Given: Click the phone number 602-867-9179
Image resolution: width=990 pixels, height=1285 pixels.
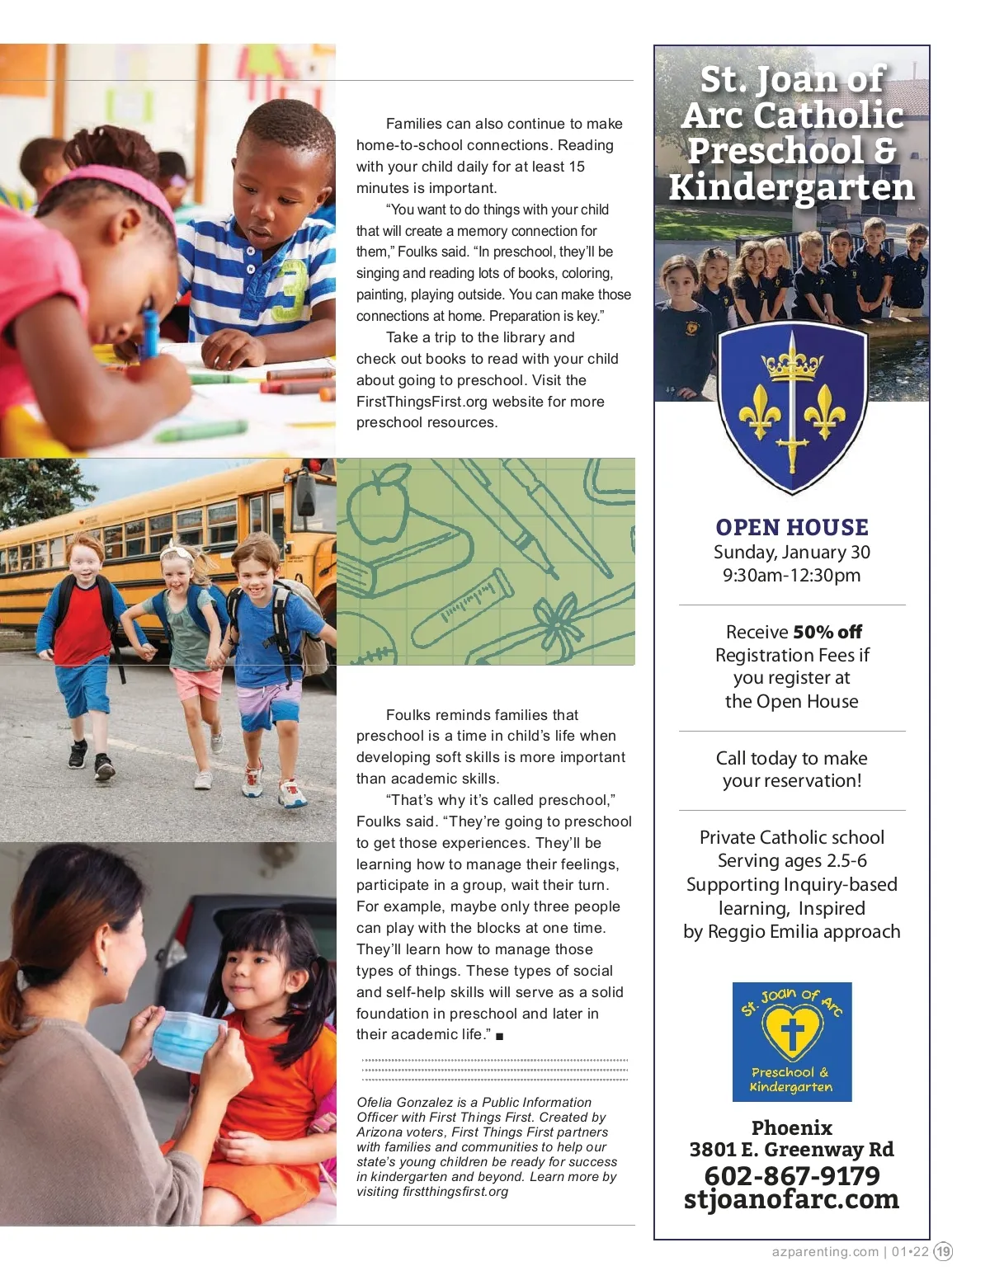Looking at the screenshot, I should click(x=791, y=1175).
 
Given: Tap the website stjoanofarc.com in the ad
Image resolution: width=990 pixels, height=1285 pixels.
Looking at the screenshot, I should click(x=791, y=1199).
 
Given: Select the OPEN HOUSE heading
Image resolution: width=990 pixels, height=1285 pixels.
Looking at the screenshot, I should click(x=791, y=527).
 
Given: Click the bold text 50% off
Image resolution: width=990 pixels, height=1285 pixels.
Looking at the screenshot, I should click(x=827, y=632).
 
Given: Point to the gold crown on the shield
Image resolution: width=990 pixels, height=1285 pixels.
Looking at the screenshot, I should click(x=792, y=362).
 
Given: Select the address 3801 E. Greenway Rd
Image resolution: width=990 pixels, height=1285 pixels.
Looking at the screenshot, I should click(x=791, y=1150).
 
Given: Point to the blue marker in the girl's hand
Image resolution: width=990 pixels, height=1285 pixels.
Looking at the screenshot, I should click(x=150, y=330).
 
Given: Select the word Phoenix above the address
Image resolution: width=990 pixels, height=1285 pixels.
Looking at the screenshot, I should click(x=791, y=1127).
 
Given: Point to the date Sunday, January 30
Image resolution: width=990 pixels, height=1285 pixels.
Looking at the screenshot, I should click(x=791, y=552).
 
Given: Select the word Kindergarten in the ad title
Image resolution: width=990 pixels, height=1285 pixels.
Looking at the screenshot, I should click(x=791, y=187).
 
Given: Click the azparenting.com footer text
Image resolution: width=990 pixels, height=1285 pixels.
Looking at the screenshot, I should click(x=825, y=1251).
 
